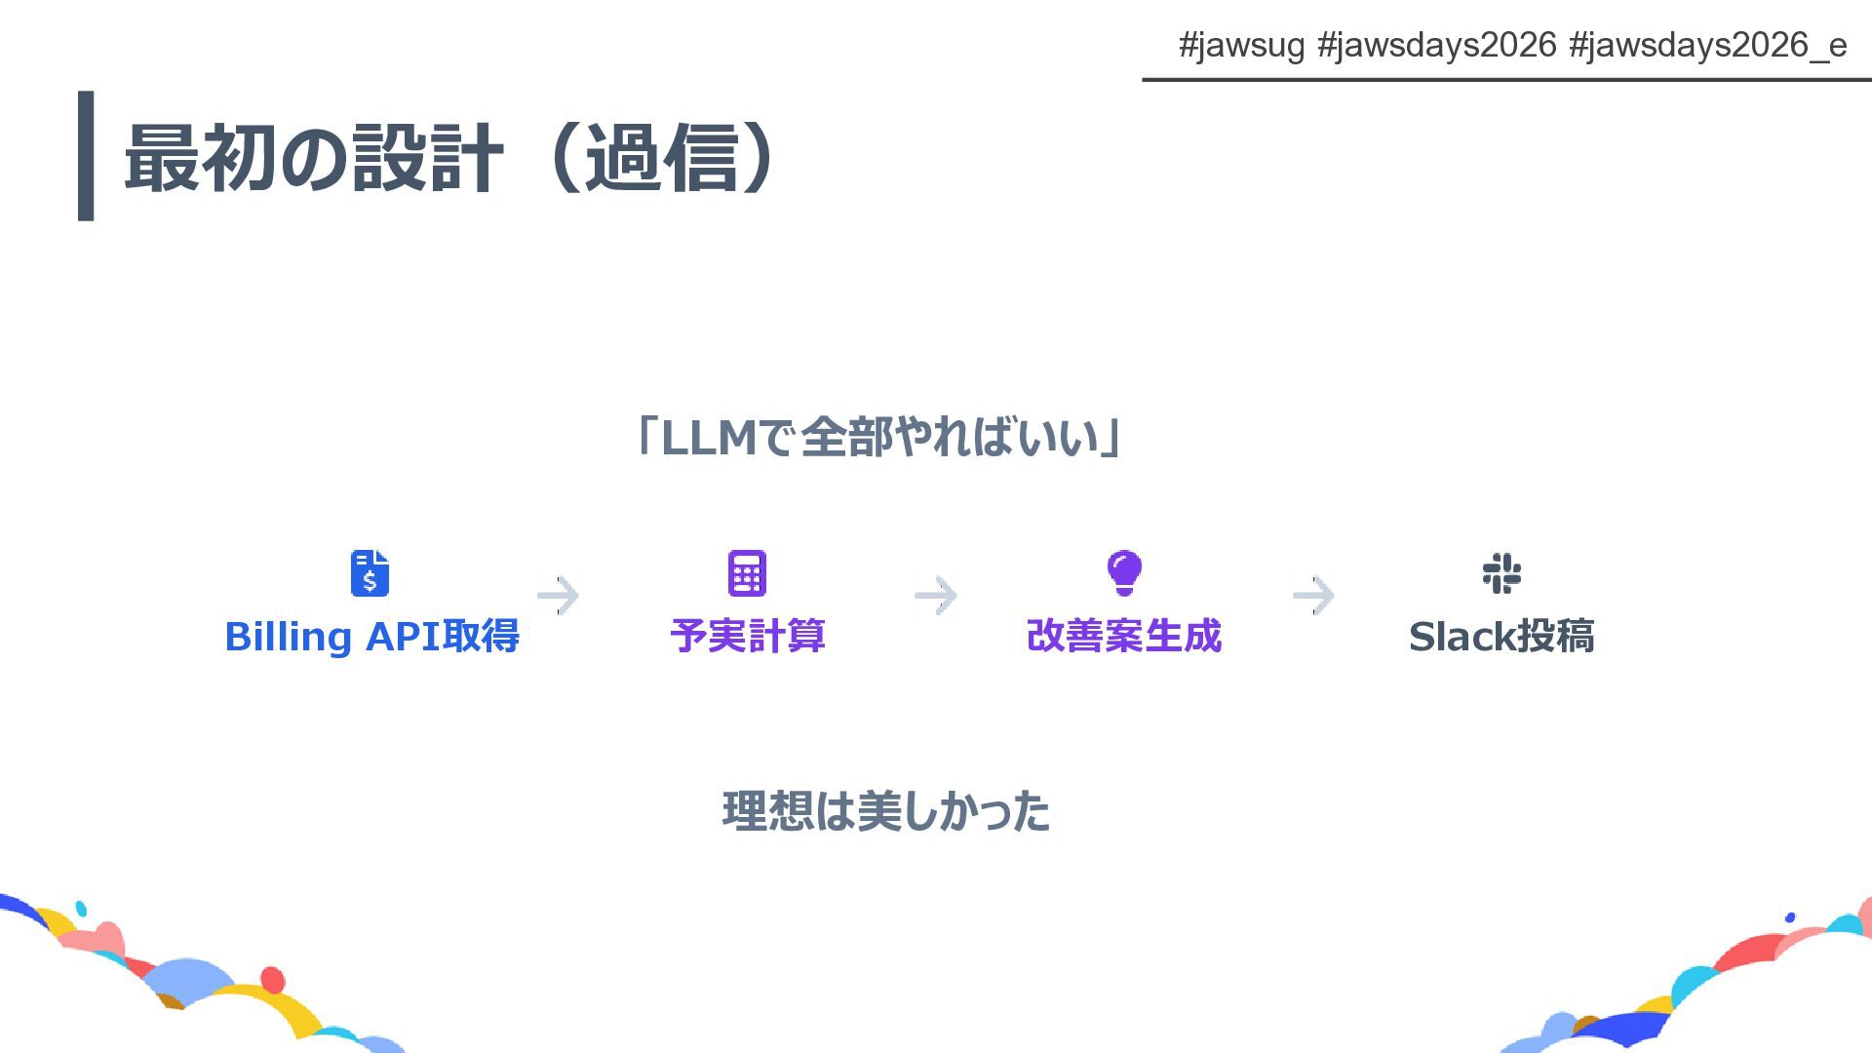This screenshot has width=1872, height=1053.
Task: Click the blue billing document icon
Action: click(370, 573)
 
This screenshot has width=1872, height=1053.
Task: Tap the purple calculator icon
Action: click(747, 573)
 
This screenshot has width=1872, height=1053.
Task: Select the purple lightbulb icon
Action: click(1124, 572)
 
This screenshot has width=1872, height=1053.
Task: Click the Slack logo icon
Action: click(1501, 573)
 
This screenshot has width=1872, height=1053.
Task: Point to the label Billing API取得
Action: click(371, 637)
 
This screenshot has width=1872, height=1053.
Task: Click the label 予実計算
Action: click(748, 637)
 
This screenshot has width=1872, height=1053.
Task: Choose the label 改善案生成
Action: click(1124, 637)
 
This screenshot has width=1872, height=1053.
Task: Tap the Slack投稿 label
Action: click(1501, 637)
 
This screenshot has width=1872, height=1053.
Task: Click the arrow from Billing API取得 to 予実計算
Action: click(559, 595)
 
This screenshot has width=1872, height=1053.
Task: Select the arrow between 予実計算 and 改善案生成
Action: click(936, 595)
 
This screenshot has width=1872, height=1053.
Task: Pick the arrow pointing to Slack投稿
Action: click(1313, 595)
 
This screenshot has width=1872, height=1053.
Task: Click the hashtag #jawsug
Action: click(1241, 45)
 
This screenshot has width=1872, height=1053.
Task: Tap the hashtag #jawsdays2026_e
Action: click(1707, 45)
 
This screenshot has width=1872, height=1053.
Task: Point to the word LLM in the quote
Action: click(709, 438)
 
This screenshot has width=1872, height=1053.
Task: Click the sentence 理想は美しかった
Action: click(885, 811)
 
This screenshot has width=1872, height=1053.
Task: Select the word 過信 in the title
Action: click(661, 158)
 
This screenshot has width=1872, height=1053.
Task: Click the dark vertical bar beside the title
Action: click(86, 156)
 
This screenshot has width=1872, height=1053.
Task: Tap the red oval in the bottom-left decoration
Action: click(273, 979)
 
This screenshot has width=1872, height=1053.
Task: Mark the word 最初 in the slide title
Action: click(200, 158)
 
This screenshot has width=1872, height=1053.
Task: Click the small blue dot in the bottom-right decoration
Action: click(1790, 917)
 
